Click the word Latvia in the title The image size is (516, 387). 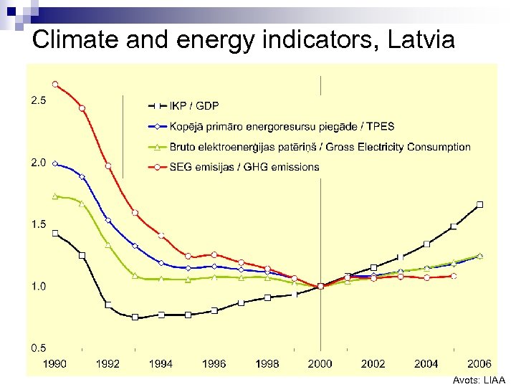click(x=421, y=39)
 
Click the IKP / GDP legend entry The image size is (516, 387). click(x=194, y=106)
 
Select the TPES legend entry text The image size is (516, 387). click(x=282, y=126)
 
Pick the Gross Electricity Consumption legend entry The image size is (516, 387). click(x=320, y=147)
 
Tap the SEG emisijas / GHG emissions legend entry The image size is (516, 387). click(x=244, y=167)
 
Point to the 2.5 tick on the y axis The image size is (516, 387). click(x=38, y=101)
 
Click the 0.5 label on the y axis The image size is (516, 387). click(x=38, y=348)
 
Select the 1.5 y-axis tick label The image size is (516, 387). click(x=38, y=224)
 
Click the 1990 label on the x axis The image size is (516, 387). click(x=55, y=363)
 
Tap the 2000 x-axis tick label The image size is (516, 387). click(x=320, y=363)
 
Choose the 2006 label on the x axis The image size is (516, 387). click(x=479, y=363)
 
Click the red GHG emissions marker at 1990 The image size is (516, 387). click(x=55, y=84)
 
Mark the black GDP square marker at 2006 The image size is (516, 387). click(x=479, y=204)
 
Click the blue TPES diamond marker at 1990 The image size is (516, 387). click(x=55, y=163)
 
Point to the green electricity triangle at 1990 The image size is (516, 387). click(x=55, y=196)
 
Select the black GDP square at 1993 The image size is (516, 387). click(x=135, y=317)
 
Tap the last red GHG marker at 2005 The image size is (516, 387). click(x=453, y=276)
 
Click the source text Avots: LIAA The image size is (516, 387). click(x=479, y=381)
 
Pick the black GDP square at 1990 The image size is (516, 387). click(x=55, y=233)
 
